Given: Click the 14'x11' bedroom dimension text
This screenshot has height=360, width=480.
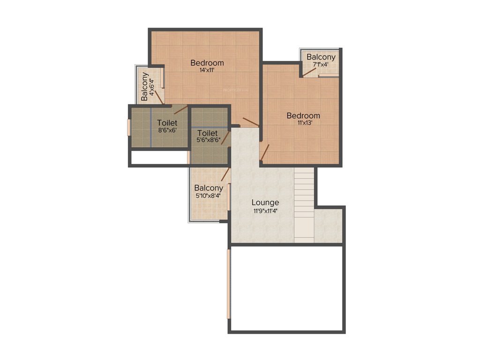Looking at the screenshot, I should point(207,70).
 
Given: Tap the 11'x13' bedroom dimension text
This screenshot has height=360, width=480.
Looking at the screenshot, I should point(303,123).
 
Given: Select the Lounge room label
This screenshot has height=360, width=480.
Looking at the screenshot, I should point(265,202).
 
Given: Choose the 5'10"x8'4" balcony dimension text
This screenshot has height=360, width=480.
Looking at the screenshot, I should point(209,195).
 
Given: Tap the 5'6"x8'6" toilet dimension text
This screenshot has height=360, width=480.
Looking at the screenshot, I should point(208,140).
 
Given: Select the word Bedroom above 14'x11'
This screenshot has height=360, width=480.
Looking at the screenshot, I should point(207,63).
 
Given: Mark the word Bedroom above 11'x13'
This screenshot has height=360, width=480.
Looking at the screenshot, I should point(303,115).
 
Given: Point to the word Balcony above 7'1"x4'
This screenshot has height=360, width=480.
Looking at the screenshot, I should point(321,57).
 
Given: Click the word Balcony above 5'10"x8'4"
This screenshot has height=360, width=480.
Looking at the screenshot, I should point(209,188).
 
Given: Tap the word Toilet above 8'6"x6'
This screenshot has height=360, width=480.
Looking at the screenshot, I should point(167,123).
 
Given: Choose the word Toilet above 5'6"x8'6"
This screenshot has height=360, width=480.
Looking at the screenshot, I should point(207,133).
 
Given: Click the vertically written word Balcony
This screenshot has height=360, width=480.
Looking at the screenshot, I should point(145,86).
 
